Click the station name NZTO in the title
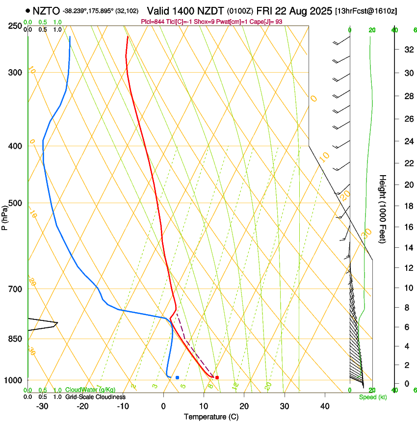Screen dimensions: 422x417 (46, 11)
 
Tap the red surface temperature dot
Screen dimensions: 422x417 (217, 377)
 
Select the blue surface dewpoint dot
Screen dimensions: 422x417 (177, 377)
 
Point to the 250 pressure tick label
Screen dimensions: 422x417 (16, 26)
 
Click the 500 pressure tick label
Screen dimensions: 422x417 (16, 203)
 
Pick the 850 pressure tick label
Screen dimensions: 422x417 (16, 339)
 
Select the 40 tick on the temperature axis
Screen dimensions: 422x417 (325, 406)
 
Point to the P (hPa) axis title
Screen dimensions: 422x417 (5, 216)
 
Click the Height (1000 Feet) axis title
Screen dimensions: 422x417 (383, 209)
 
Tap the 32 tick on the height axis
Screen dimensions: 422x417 (408, 50)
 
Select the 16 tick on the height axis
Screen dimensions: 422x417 (408, 227)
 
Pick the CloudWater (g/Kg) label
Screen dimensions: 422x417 (91, 390)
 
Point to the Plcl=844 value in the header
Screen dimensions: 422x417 (153, 22)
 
